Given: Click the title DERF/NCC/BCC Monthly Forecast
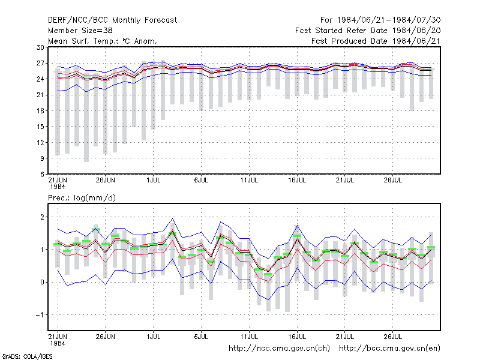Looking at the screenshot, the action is coord(112,20).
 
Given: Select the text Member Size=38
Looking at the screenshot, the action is coord(80,31).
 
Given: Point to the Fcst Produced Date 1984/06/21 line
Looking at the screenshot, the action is coord(376,41).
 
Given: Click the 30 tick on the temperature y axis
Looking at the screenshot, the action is coord(40,47).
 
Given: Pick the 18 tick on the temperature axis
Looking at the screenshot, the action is coord(40,111).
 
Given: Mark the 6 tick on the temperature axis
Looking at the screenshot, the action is coord(42,174).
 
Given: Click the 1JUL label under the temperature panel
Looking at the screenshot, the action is coord(154,180).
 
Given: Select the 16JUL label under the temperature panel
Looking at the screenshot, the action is coord(297,180).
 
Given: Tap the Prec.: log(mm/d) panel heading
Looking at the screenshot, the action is coord(82,198).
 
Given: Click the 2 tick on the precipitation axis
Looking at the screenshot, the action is coord(42,217).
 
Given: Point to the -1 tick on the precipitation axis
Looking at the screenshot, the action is coord(40,314).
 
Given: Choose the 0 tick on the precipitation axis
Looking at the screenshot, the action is coord(42,282).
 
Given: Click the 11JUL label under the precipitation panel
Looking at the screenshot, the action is coord(249,337).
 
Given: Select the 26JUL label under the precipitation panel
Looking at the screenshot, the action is coord(393,337).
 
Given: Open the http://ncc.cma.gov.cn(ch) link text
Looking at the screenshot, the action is coord(279,349).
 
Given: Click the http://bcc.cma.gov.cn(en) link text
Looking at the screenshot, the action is coord(389,349).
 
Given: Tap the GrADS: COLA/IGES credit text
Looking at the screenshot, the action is coord(27,356).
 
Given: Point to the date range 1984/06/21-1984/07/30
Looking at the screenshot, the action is coord(389,20).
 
